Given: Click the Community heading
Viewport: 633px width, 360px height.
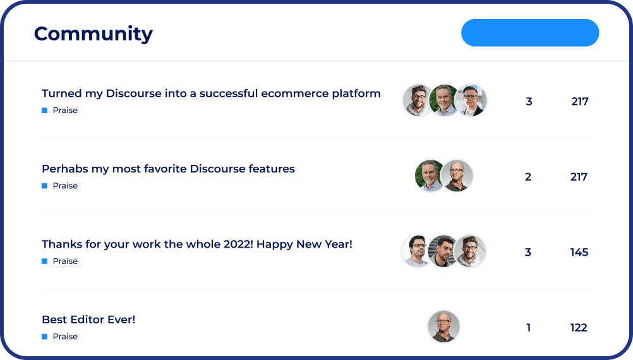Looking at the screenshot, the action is point(93,34).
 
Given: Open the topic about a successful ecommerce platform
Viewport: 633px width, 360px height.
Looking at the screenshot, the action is point(211,93).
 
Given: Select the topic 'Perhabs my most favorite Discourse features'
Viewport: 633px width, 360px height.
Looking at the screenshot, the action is point(168,169).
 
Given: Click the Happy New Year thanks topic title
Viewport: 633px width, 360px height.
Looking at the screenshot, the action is point(197,244).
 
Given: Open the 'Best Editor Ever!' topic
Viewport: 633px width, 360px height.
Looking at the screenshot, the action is point(88,320).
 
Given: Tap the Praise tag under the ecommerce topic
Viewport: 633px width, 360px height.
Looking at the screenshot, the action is point(65,111).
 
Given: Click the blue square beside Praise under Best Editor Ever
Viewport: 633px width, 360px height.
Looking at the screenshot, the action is point(44,337).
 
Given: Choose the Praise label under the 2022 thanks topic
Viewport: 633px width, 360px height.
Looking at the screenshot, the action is point(65,261).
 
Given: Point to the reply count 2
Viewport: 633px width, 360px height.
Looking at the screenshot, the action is point(528,177).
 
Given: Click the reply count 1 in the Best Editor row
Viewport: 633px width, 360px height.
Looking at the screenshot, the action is point(528,328).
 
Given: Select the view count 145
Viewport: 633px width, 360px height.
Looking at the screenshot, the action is point(579,252).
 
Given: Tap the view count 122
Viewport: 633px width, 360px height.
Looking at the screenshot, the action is point(579,328).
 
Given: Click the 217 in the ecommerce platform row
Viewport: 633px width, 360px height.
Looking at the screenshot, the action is point(580,101).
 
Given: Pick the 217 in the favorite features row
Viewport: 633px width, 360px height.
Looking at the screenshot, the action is point(579,177).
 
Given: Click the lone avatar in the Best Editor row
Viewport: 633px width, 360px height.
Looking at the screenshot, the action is point(443,327).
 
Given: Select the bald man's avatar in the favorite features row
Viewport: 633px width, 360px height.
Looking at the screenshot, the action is point(457,176).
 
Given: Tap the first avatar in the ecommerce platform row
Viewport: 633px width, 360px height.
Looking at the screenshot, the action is point(418,100).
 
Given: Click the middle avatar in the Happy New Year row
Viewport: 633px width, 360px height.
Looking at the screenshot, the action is point(443,251).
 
